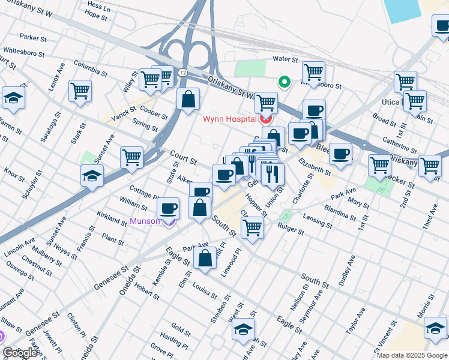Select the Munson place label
tap(145, 221)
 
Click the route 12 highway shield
tap(182, 72)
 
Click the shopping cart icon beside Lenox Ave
tap(80, 91)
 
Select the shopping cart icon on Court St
tap(131, 158)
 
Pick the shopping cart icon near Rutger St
tap(252, 227)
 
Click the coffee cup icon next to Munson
tap(168, 208)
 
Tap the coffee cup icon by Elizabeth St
tap(341, 153)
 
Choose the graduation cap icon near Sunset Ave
tap(92, 175)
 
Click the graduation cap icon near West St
tap(243, 329)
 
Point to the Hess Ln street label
tap(98, 5)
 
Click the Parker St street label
tap(33, 37)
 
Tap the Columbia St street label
tap(90, 71)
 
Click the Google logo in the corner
tap(20, 353)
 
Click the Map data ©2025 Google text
tap(412, 355)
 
